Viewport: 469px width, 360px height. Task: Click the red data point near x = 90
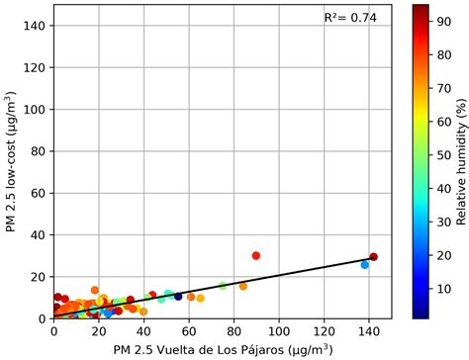[255, 255]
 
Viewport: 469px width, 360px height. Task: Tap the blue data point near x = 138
[364, 265]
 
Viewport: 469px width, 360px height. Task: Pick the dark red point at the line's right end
[373, 257]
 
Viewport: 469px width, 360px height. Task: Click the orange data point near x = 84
[242, 286]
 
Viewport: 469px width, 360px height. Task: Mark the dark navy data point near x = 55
[178, 296]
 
